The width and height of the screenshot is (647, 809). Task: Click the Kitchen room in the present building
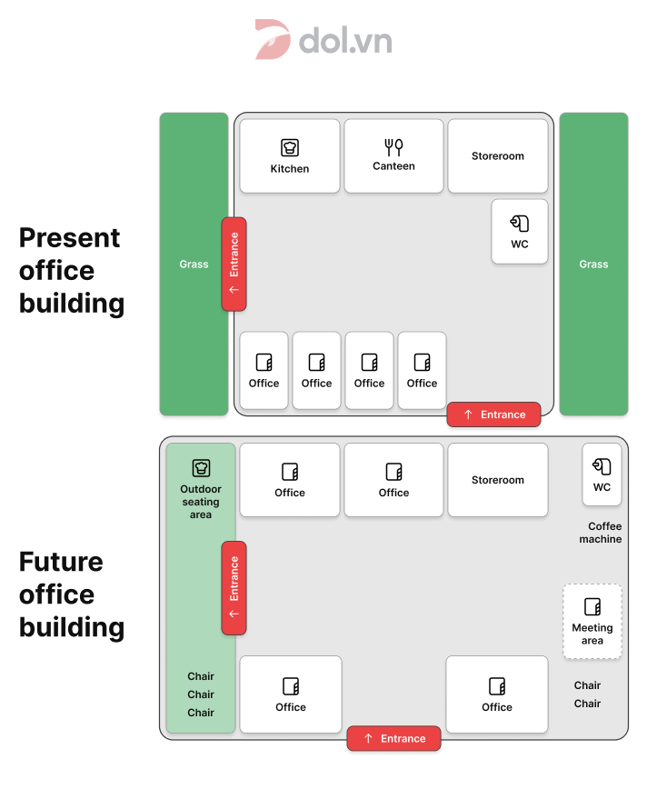[x=290, y=155]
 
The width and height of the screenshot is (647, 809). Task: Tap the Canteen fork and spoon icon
[x=393, y=146]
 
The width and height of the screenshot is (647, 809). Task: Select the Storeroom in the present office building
[x=498, y=155]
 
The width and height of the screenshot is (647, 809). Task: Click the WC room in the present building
[x=520, y=232]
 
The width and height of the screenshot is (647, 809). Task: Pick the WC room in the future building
[x=602, y=474]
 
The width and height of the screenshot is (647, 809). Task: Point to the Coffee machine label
[x=602, y=533]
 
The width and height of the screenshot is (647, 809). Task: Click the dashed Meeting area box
[x=592, y=622]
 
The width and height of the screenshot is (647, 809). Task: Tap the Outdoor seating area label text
[x=201, y=502]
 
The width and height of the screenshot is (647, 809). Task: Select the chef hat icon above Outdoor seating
[x=201, y=468]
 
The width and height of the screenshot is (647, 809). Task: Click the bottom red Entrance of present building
[x=493, y=414]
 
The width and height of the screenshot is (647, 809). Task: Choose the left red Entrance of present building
[x=234, y=265]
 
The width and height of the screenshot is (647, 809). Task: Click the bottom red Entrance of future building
[x=393, y=738]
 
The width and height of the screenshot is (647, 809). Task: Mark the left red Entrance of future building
[x=234, y=588]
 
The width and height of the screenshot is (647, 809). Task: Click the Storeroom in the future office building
[x=498, y=480]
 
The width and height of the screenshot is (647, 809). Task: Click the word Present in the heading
[x=69, y=238]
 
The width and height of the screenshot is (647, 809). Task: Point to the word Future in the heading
[x=61, y=562]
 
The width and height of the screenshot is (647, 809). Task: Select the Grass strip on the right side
[x=593, y=265]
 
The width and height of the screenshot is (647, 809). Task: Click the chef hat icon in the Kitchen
[x=290, y=147]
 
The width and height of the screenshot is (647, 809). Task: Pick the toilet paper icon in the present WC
[x=520, y=223]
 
